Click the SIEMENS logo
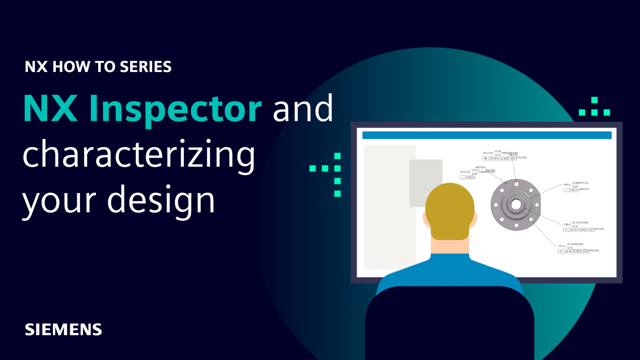pos(63,329)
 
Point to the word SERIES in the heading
pos(146,67)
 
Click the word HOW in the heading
pos(71,67)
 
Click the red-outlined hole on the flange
pos(516,184)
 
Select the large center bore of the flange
pos(516,205)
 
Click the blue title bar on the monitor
pos(487,135)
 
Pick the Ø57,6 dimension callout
pos(567,185)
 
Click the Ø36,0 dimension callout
pos(567,224)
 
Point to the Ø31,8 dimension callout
pos(562,246)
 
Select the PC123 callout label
pos(594,251)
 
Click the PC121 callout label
pos(480,167)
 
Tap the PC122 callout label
pos(522,158)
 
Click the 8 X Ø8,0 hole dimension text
pos(488,153)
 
